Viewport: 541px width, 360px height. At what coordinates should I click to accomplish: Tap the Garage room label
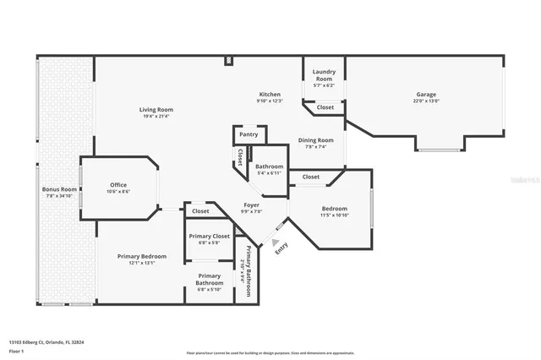(426, 94)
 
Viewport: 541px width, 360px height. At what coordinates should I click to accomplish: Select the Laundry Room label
(325, 74)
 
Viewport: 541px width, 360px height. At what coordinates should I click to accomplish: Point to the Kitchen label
(270, 94)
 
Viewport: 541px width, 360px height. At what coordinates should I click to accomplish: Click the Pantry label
(249, 134)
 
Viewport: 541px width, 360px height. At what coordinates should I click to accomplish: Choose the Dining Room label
(319, 140)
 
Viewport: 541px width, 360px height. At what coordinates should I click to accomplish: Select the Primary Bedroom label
(142, 256)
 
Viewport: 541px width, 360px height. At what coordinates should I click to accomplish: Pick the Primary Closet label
(210, 236)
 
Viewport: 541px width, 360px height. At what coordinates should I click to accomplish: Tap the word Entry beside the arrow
(281, 248)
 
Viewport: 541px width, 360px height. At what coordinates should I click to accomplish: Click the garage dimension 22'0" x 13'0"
(426, 101)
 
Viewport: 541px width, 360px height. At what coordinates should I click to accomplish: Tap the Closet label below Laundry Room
(325, 107)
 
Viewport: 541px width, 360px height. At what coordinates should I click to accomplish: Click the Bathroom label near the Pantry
(270, 166)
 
